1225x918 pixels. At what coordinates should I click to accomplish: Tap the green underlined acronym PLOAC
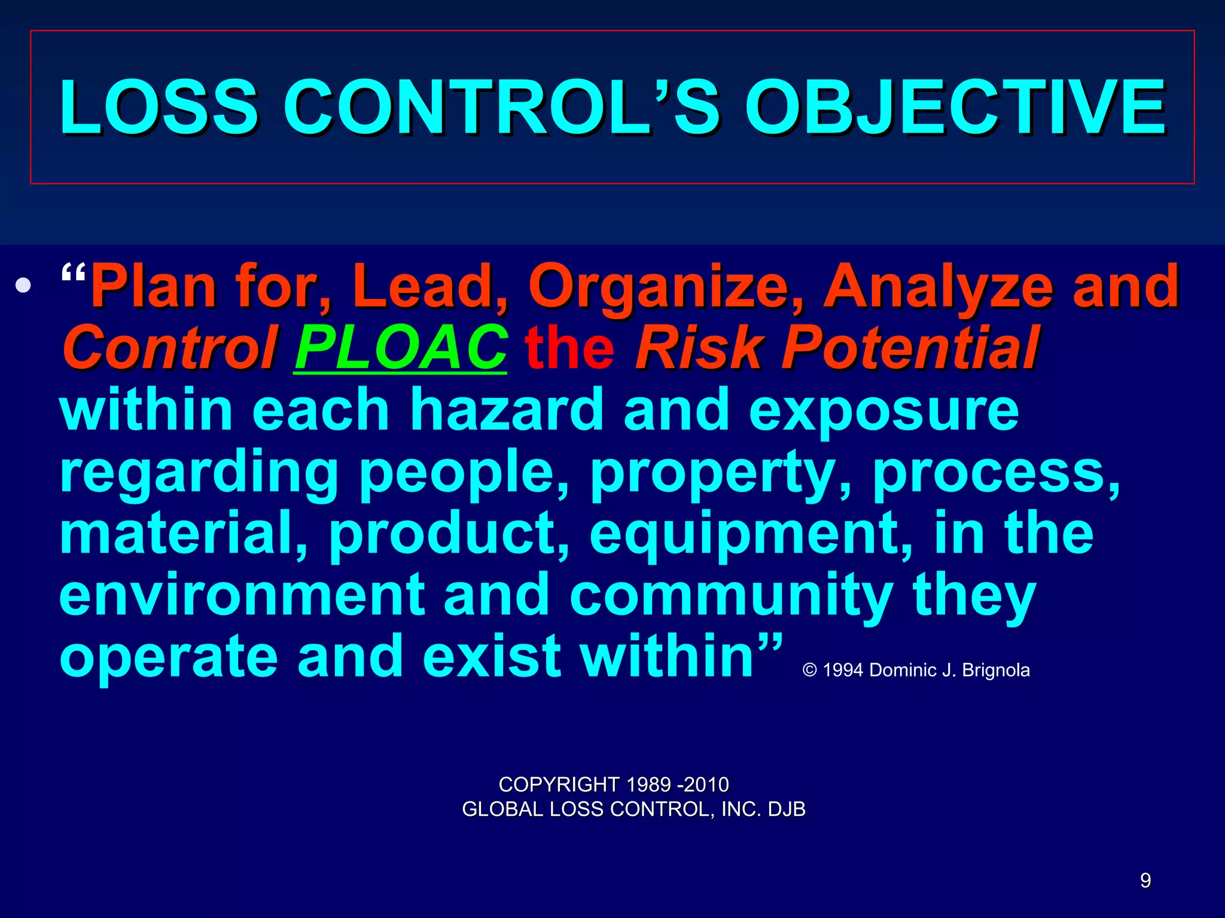(x=401, y=348)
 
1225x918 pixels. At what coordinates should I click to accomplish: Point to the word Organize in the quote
(x=666, y=287)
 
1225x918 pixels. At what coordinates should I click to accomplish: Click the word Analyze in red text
(x=938, y=287)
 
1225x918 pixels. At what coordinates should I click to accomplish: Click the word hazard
(x=506, y=410)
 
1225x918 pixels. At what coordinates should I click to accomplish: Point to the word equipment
(x=751, y=534)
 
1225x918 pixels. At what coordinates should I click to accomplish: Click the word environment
(x=242, y=595)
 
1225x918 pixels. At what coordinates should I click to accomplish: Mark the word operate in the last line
(x=169, y=657)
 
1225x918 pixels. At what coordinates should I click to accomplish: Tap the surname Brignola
(x=996, y=671)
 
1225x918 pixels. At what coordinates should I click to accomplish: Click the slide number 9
(x=1145, y=880)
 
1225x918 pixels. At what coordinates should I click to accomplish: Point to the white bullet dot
(x=23, y=286)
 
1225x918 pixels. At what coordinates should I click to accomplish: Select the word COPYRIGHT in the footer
(x=559, y=784)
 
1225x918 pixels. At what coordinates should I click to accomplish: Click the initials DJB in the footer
(x=787, y=809)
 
